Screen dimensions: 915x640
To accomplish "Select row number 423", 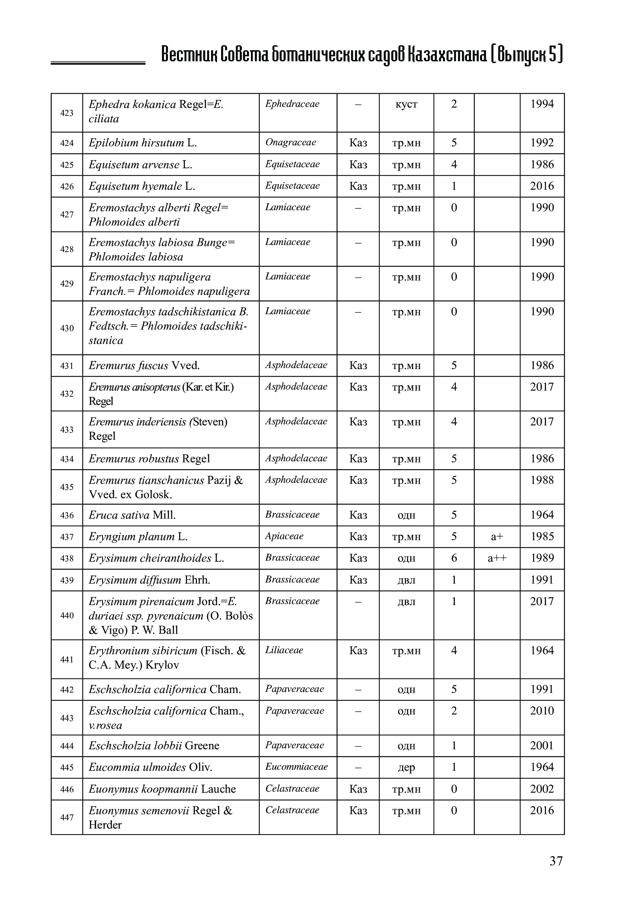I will [67, 113].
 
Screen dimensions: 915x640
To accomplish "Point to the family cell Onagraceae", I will [291, 142].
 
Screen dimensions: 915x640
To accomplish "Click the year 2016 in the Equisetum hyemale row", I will [542, 186].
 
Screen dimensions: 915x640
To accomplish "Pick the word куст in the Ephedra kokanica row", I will [406, 104].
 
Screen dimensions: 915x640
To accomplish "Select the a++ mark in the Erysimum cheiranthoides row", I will [497, 558].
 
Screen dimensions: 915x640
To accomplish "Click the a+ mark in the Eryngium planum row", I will [497, 536].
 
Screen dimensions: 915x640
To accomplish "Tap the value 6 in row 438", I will [454, 558].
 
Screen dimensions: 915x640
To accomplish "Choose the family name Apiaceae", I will [284, 536].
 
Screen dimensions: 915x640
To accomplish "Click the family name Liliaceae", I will [284, 650].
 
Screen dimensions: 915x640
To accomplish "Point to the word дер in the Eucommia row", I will [406, 768].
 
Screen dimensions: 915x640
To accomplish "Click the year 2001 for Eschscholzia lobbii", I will [542, 746].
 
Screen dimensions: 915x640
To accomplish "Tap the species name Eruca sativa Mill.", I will [132, 515].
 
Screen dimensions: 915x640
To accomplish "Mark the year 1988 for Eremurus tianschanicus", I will [542, 480].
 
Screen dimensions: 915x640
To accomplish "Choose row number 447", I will [67, 817].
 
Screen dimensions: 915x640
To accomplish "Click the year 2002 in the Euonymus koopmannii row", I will [542, 789].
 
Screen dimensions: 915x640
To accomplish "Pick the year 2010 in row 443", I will [542, 711].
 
